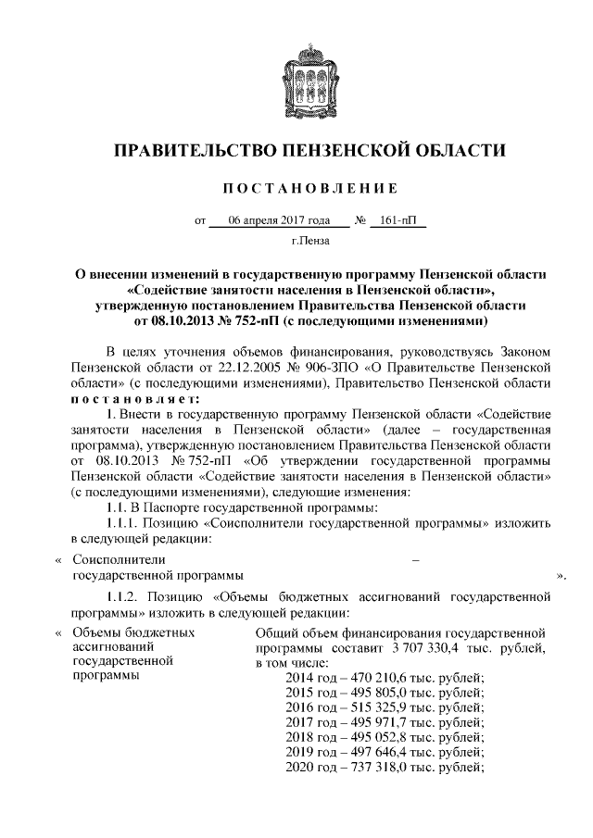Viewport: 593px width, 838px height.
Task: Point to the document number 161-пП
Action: [x=397, y=222]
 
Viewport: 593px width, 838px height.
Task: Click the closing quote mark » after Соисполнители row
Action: [x=561, y=575]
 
